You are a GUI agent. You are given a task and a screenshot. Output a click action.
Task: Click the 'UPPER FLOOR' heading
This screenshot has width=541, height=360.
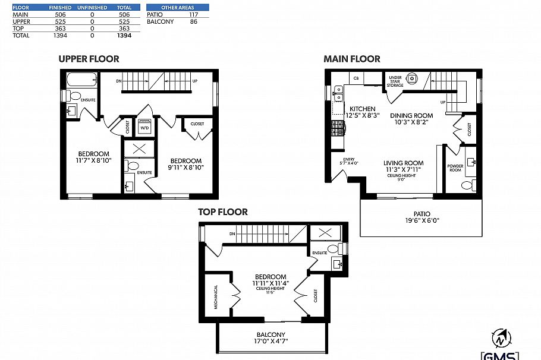89,58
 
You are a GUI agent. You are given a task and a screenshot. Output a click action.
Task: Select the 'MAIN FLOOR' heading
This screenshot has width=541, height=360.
352,58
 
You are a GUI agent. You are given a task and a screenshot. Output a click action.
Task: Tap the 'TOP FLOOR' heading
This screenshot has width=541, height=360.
224,211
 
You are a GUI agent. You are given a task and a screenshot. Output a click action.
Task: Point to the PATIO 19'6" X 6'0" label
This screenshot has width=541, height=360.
422,217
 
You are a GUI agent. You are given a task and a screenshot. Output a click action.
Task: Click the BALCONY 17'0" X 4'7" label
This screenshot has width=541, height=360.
271,338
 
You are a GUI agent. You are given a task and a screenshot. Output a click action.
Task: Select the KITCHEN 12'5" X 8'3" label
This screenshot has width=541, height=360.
362,112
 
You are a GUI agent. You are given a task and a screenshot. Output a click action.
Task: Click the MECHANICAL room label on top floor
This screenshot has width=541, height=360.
216,296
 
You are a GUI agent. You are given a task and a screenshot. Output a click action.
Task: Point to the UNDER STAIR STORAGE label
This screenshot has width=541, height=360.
395,81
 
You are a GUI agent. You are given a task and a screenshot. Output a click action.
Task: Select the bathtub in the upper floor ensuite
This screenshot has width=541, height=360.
80,80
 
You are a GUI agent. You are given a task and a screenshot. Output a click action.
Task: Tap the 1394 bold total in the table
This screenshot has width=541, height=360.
124,36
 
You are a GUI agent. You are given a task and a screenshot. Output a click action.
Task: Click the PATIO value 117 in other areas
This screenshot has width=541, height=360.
193,14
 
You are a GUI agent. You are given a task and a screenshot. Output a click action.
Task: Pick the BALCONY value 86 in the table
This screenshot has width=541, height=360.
193,21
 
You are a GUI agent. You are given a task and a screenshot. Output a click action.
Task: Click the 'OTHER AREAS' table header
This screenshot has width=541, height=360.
178,7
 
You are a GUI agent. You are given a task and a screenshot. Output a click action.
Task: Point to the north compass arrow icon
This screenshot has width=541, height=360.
500,339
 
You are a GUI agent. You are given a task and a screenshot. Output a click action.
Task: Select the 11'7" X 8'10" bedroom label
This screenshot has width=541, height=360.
93,157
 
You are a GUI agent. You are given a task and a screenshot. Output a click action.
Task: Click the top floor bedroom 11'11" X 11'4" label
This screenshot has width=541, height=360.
270,280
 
